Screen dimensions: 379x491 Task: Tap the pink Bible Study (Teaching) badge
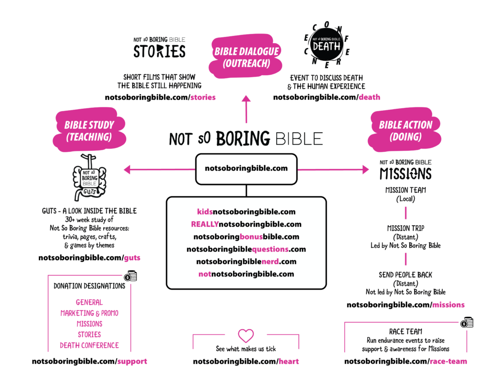89,131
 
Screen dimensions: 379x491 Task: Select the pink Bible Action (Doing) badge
406,131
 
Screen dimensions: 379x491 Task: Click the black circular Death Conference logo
327,46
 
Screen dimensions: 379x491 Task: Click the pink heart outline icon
246,335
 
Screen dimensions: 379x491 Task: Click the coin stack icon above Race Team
466,324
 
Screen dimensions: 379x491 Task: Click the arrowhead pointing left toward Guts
128,169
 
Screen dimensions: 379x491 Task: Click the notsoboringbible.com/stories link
160,97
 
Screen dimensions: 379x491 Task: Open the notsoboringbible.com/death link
327,97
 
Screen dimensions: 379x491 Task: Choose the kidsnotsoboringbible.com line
246,211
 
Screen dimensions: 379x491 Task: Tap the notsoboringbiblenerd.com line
246,262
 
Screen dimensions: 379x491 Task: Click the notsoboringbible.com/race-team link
406,361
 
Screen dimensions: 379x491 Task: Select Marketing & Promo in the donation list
89,313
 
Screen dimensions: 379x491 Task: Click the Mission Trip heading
406,229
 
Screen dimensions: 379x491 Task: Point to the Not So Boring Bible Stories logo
159,47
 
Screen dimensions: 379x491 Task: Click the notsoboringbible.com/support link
89,361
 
